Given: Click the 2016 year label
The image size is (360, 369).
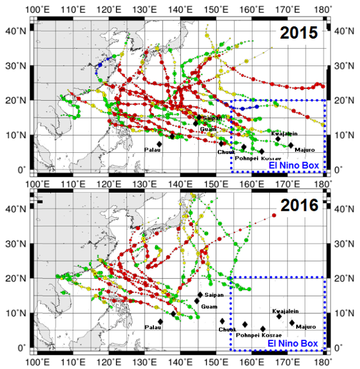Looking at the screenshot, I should (300, 206).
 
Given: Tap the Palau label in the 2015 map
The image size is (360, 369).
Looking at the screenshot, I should (152, 150).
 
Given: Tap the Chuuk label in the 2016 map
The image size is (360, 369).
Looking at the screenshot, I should (227, 329).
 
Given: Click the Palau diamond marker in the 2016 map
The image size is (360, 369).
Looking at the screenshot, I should (160, 322).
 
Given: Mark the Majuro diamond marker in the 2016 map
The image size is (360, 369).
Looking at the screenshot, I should (292, 322).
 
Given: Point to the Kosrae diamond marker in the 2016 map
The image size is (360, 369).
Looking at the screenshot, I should (263, 329).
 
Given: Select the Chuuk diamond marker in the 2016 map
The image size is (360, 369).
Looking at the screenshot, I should (222, 321).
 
